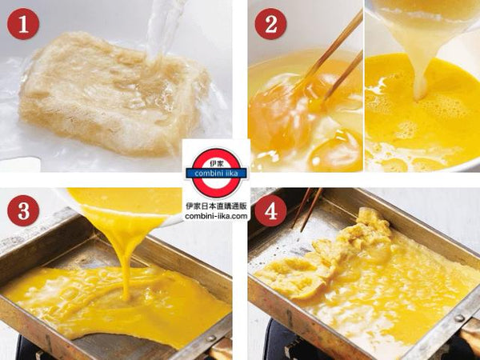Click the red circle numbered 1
click(x=23, y=24)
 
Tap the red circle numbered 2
click(x=270, y=24)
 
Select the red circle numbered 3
click(x=23, y=210)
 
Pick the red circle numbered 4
click(x=270, y=210)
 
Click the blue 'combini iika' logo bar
click(x=216, y=174)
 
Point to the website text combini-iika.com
click(x=216, y=216)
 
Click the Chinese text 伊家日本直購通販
click(x=216, y=206)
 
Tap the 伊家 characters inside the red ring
click(x=217, y=162)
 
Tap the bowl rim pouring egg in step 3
click(x=122, y=211)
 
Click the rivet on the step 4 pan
click(x=458, y=318)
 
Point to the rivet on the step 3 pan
click(x=211, y=338)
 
